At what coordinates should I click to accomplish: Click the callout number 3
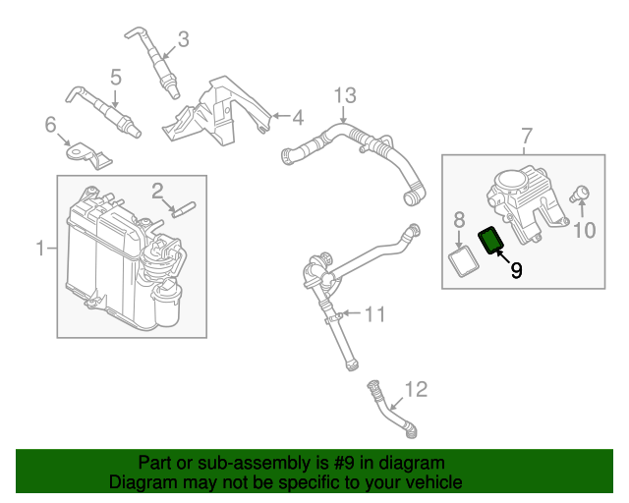[x=183, y=40]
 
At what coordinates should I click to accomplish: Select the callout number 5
[x=115, y=76]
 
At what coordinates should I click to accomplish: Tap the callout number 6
[x=50, y=124]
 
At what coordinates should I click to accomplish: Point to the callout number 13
[x=343, y=95]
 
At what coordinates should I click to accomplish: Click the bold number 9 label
[x=516, y=268]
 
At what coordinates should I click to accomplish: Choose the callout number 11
[x=375, y=314]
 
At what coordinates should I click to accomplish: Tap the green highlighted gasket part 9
[x=490, y=239]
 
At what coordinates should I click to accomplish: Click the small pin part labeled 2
[x=183, y=207]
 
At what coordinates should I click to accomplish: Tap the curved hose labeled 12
[x=390, y=413]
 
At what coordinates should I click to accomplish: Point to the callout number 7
[x=526, y=135]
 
